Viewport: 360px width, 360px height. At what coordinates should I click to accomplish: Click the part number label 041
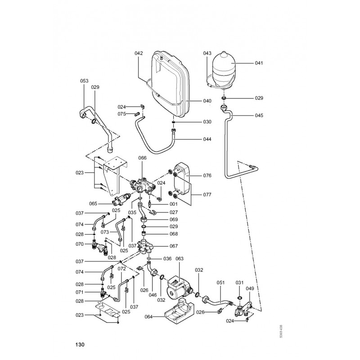pos(259,63)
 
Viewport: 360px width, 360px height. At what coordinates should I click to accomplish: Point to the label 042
pos(139,53)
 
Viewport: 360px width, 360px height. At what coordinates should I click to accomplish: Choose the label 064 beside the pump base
pos(149,317)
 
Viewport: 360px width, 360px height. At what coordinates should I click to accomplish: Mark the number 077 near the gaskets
pos(207,195)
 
